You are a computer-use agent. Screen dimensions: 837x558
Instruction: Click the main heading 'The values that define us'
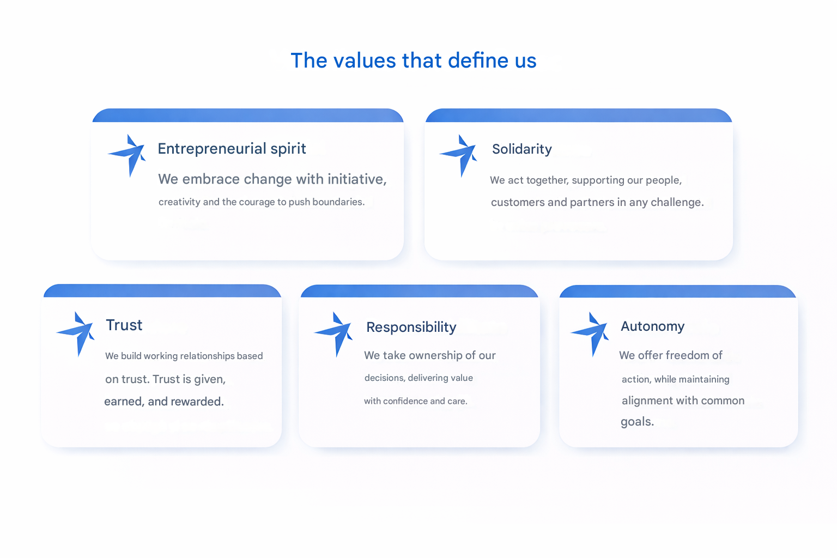(x=414, y=60)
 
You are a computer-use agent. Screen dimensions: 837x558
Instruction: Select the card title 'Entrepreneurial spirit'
(x=232, y=149)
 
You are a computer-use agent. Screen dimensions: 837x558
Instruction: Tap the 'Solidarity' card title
(x=521, y=149)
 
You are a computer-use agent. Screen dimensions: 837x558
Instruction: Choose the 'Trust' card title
(x=124, y=325)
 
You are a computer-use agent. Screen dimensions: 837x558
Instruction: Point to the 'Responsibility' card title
(x=411, y=327)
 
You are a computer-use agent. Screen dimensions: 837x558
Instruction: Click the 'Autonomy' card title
(x=652, y=326)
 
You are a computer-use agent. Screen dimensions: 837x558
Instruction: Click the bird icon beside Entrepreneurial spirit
(x=127, y=155)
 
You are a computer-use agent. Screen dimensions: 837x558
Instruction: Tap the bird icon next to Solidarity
(x=458, y=155)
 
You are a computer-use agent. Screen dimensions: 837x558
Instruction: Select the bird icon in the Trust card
(x=76, y=333)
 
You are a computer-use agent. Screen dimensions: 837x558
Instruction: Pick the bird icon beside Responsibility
(x=333, y=334)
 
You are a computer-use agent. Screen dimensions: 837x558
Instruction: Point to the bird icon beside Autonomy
(x=590, y=334)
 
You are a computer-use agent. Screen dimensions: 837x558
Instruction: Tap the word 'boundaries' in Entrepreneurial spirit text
(x=338, y=202)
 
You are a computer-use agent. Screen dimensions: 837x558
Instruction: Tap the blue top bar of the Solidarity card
(x=579, y=116)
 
